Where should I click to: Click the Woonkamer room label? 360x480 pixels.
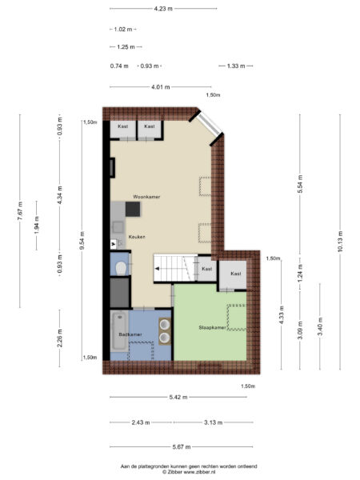146,197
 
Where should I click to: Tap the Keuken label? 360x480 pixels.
137,237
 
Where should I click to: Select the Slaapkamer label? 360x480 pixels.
212,327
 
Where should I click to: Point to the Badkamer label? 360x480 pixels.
130,334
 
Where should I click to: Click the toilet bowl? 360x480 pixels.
121,269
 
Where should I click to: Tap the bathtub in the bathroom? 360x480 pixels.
120,331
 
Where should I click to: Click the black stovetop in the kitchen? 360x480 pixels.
133,209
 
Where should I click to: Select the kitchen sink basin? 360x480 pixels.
118,227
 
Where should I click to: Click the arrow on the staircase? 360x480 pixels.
158,269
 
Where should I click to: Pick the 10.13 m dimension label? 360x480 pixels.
340,242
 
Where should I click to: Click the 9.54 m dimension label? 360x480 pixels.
82,241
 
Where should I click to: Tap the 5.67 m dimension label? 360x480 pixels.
182,447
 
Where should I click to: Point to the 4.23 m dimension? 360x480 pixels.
163,9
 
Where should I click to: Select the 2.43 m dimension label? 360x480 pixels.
141,422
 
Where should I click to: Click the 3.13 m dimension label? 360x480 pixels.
213,422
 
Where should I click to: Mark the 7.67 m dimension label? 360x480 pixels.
20,211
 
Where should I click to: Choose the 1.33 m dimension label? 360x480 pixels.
236,66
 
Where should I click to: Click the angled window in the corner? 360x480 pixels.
210,123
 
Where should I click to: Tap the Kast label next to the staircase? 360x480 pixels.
207,269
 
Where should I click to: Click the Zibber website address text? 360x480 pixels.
199,472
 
